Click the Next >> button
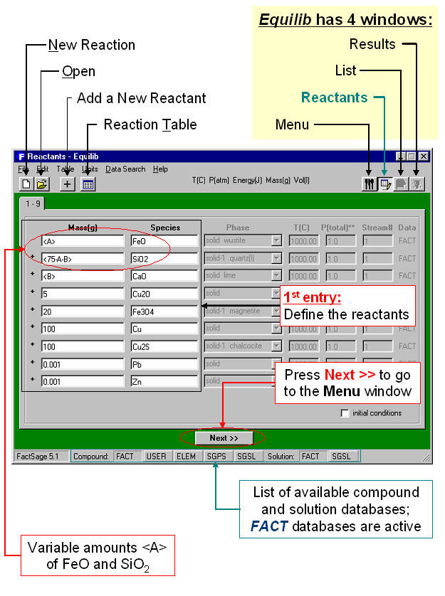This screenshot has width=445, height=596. pyautogui.click(x=224, y=438)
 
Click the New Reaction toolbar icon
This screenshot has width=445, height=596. pyautogui.click(x=26, y=184)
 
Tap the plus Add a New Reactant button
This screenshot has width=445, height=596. pyautogui.click(x=68, y=184)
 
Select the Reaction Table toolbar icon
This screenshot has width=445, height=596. pyautogui.click(x=88, y=184)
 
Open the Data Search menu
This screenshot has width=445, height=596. pyautogui.click(x=125, y=169)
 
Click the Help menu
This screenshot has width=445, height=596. pyautogui.click(x=160, y=169)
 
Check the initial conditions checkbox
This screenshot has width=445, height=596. pyautogui.click(x=345, y=413)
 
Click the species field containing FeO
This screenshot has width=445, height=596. pyautogui.click(x=163, y=241)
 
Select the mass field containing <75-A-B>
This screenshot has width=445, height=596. pyautogui.click(x=82, y=259)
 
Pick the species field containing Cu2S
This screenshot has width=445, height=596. pyautogui.click(x=163, y=346)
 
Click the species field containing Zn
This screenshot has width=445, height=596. pyautogui.click(x=163, y=381)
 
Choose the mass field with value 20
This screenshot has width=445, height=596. pyautogui.click(x=82, y=312)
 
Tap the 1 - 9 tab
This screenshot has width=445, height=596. pyautogui.click(x=33, y=203)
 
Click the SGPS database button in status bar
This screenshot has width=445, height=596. pyautogui.click(x=216, y=456)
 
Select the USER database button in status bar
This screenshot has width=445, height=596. pyautogui.click(x=156, y=456)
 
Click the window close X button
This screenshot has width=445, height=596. pyautogui.click(x=423, y=156)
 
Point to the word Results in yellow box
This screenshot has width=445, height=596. pyautogui.click(x=372, y=44)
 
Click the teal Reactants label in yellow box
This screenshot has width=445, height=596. pyautogui.click(x=334, y=98)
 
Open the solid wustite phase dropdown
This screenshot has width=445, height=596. pyautogui.click(x=276, y=241)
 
